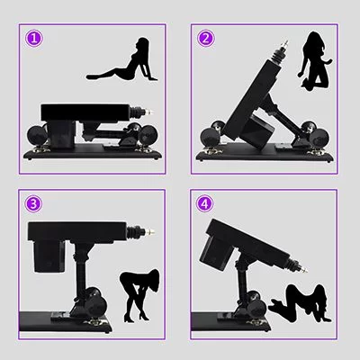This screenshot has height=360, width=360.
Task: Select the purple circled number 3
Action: (x=33, y=203)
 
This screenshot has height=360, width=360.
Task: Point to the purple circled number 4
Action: (x=206, y=203)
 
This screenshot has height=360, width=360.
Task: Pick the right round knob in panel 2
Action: (x=326, y=137)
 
